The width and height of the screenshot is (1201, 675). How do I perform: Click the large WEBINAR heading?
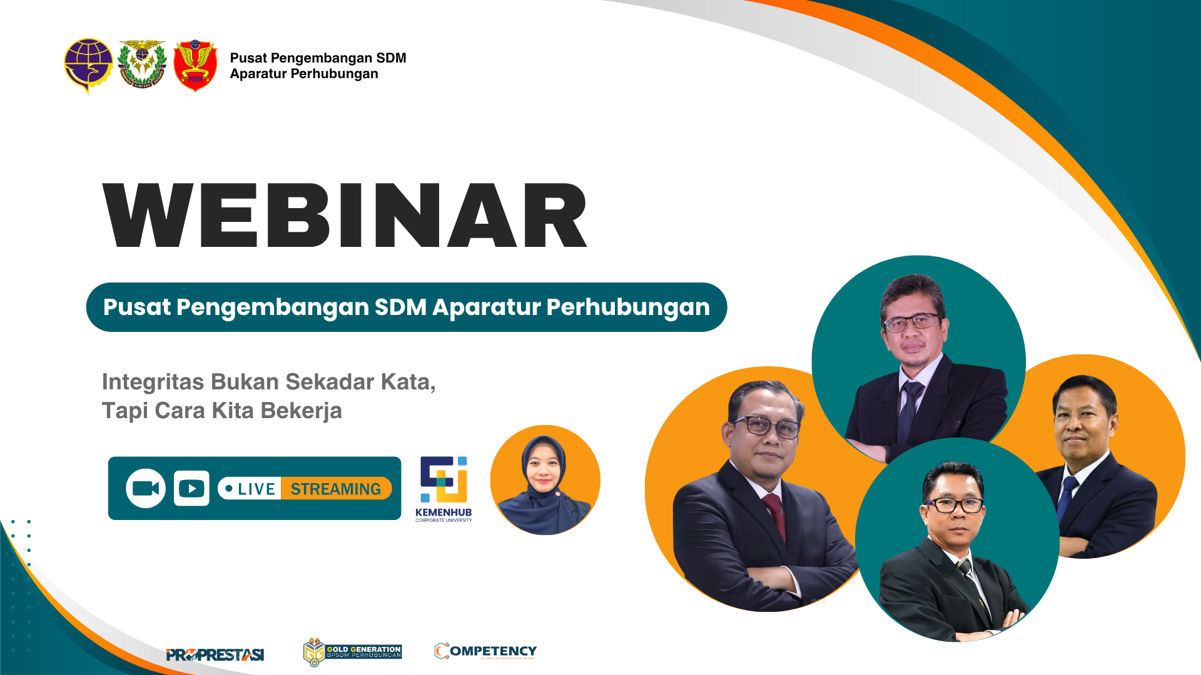tap(345, 216)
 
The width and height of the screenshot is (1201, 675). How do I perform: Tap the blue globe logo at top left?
tap(88, 65)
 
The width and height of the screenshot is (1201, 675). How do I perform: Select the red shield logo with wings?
tap(195, 66)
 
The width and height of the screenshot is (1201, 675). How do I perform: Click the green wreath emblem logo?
tap(142, 65)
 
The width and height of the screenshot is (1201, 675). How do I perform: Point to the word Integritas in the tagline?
tap(152, 382)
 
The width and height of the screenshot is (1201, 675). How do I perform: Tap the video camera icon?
tap(146, 488)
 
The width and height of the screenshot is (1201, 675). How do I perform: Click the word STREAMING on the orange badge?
tap(335, 489)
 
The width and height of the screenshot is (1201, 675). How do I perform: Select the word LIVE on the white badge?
tap(256, 489)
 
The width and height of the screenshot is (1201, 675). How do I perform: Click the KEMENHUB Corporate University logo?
tap(443, 488)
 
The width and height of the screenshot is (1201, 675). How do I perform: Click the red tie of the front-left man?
tap(776, 515)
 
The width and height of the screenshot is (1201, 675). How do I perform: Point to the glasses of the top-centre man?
tap(911, 322)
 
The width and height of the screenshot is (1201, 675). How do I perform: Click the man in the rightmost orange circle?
tap(1088, 456)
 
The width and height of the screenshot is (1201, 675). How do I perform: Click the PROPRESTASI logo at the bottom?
tap(215, 654)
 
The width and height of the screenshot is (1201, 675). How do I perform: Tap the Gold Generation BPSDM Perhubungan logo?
tap(352, 652)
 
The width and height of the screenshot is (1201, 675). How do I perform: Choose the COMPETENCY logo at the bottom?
tap(486, 651)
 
